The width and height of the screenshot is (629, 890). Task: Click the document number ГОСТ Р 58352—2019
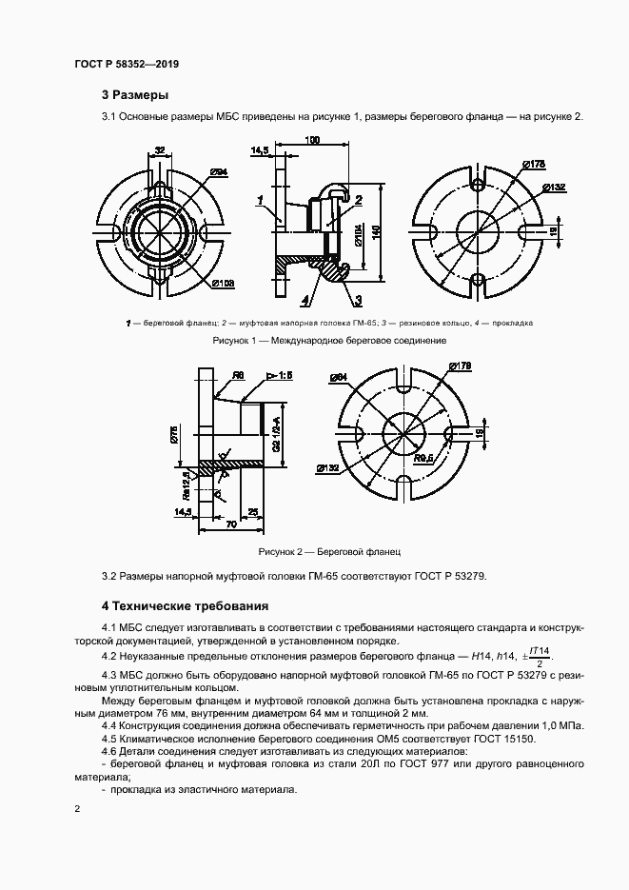click(x=127, y=65)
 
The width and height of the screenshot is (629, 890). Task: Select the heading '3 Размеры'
click(x=135, y=95)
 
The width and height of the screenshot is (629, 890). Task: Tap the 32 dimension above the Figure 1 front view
click(x=160, y=150)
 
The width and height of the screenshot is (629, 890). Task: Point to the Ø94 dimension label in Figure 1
click(x=218, y=172)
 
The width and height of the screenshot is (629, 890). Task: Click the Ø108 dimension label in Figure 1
click(x=225, y=283)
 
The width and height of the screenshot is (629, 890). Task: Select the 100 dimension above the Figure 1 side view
click(x=311, y=141)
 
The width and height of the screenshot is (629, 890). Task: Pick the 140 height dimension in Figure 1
click(x=376, y=231)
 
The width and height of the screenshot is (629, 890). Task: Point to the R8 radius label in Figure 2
click(x=240, y=376)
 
